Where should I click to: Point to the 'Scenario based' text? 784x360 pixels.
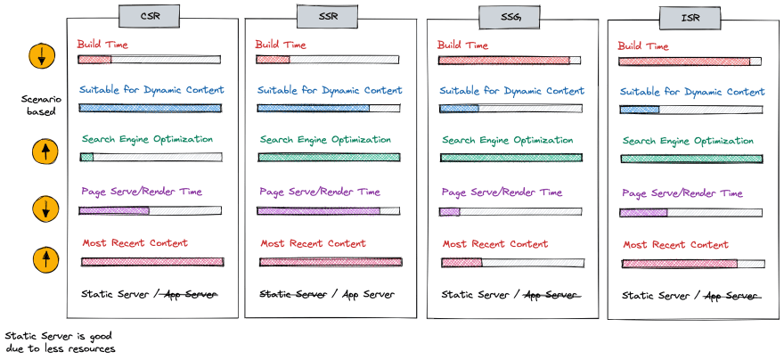pyautogui.click(x=40, y=106)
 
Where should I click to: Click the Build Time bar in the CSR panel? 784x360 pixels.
pyautogui.click(x=149, y=60)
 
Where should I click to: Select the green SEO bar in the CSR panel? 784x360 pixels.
pyautogui.click(x=150, y=157)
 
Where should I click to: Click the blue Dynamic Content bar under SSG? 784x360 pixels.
pyautogui.click(x=510, y=109)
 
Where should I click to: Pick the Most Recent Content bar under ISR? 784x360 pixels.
pyautogui.click(x=692, y=264)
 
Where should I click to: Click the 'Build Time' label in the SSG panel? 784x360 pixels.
pyautogui.click(x=462, y=45)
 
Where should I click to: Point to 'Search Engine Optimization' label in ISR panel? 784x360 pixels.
pyautogui.click(x=687, y=141)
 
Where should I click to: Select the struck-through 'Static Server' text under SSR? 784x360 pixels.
pyautogui.click(x=292, y=294)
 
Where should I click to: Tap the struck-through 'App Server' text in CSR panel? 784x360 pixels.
pyautogui.click(x=188, y=294)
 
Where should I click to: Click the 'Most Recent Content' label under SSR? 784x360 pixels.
pyautogui.click(x=313, y=243)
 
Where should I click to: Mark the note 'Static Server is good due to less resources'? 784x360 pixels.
pyautogui.click(x=59, y=342)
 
